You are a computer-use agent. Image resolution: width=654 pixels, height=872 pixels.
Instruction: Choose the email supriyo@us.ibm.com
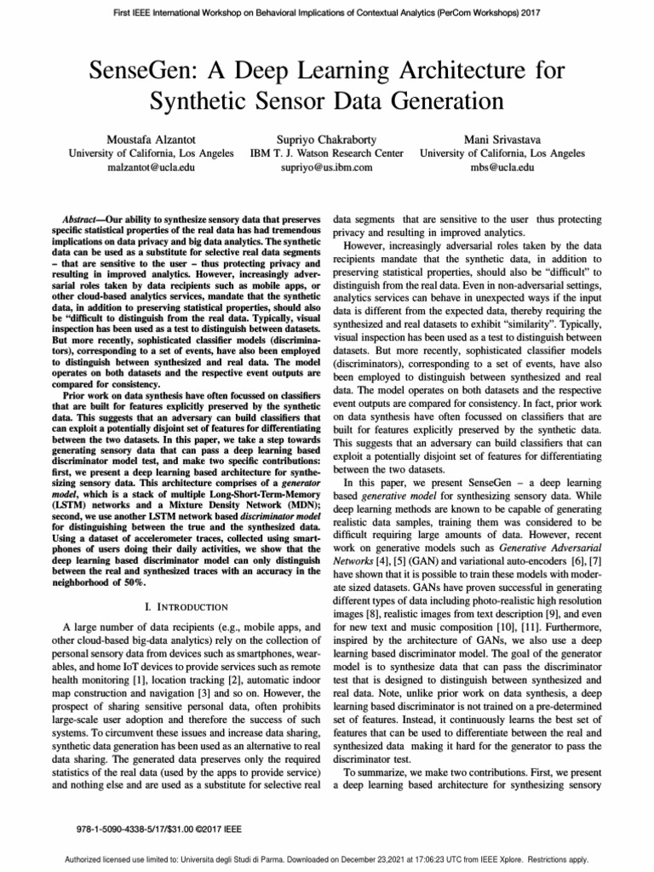coord(327,168)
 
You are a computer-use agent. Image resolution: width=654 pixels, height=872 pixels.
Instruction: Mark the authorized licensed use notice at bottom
coord(327,860)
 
